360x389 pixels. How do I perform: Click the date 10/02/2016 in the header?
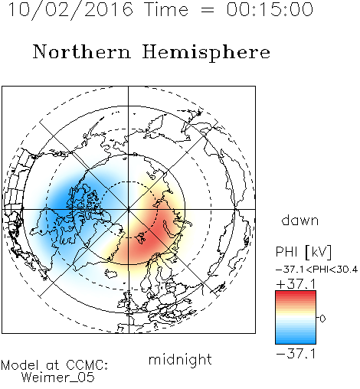[x=70, y=9]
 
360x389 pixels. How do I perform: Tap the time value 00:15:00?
[x=270, y=9]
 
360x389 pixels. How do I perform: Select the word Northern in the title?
[x=82, y=51]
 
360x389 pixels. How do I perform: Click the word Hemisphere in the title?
[x=206, y=52]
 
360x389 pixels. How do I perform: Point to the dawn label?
[x=300, y=220]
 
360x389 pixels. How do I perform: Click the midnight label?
[x=180, y=359]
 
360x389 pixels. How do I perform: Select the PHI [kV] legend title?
[x=303, y=252]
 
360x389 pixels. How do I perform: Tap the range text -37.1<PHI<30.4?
[x=316, y=270]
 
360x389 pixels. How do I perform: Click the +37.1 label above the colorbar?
[x=296, y=284]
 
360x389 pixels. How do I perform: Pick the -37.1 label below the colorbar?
[x=296, y=354]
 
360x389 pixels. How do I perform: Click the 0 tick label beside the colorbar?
[x=322, y=319]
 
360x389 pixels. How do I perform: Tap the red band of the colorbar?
[x=296, y=296]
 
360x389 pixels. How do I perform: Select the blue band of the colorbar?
[x=296, y=338]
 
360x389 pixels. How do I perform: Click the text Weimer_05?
[x=58, y=378]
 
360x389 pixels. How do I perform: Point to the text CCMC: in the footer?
[x=87, y=365]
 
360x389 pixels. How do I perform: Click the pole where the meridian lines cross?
[x=129, y=209]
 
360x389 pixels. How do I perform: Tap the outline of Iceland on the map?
[x=111, y=274]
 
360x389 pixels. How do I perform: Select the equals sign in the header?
[x=208, y=10]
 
